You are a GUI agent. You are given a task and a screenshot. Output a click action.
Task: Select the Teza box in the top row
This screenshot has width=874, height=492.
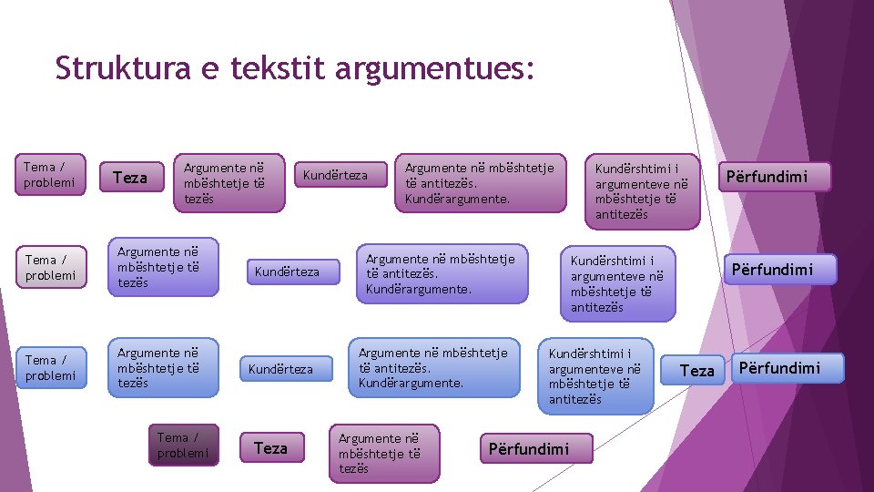coord(129,178)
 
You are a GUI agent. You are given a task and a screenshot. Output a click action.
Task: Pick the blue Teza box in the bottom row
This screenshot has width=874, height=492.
coord(270,448)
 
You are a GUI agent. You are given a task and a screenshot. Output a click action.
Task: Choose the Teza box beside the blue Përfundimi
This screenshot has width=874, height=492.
coord(697,370)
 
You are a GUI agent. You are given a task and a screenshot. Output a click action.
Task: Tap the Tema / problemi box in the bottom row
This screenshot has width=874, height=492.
coord(183,446)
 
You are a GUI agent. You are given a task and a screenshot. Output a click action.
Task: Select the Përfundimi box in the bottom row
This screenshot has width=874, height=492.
coord(529,448)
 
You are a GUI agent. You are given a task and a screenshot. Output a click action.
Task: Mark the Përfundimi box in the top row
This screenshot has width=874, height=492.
coord(776,176)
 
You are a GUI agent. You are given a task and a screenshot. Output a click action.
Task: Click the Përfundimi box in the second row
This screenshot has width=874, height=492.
coord(780,269)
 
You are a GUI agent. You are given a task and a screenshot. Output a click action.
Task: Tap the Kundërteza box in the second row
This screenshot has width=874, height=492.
coord(287,272)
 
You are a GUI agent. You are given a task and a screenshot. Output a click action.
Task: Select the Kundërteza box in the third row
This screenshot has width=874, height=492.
coord(280,369)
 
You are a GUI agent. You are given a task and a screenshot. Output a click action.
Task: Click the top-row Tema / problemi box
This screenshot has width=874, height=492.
coord(51,174)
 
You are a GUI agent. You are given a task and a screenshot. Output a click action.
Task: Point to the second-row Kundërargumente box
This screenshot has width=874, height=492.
coord(442,273)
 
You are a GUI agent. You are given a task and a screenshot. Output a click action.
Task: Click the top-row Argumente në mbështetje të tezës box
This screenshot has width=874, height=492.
coord(229,182)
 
